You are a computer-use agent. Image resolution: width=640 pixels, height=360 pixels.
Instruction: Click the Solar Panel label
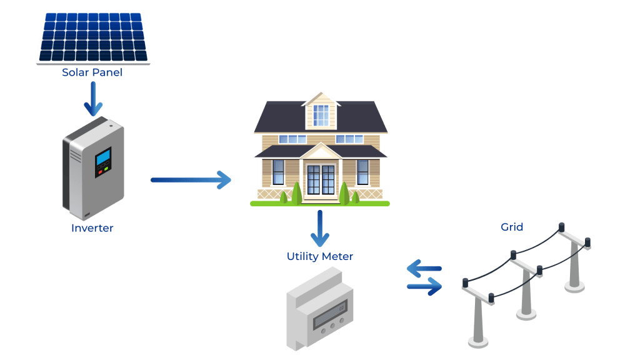tap(92, 72)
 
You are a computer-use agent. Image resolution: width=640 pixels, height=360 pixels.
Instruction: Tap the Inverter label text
tap(92, 227)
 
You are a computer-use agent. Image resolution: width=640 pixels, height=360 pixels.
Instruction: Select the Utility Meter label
tap(320, 256)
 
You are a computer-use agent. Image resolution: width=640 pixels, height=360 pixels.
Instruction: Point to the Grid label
tap(512, 227)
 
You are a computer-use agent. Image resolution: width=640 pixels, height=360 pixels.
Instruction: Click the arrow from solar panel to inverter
tap(93, 99)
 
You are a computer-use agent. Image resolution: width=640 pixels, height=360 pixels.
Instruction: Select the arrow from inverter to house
tap(191, 180)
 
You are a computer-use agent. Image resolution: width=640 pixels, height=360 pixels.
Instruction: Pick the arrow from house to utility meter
tap(320, 229)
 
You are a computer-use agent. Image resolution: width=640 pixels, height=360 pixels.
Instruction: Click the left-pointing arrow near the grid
tap(424, 268)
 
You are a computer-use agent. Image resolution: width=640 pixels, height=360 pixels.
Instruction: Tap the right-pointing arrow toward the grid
tap(424, 286)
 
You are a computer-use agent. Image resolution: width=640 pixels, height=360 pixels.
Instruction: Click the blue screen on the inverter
tap(103, 157)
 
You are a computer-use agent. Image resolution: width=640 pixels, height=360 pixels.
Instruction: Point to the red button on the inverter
tap(101, 172)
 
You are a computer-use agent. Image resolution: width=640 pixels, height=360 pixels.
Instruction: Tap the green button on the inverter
tap(106, 169)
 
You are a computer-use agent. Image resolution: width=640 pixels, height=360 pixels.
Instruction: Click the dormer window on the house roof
tap(321, 115)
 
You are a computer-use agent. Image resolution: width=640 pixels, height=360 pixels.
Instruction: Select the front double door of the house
tap(321, 179)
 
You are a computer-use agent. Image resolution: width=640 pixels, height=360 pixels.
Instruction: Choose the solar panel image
tap(93, 38)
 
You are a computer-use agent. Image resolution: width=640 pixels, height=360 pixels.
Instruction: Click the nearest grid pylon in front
tap(478, 314)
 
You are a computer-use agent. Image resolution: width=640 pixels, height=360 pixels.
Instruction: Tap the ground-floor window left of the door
tap(278, 172)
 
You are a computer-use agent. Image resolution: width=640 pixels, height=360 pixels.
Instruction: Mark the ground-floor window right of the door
tap(363, 172)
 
